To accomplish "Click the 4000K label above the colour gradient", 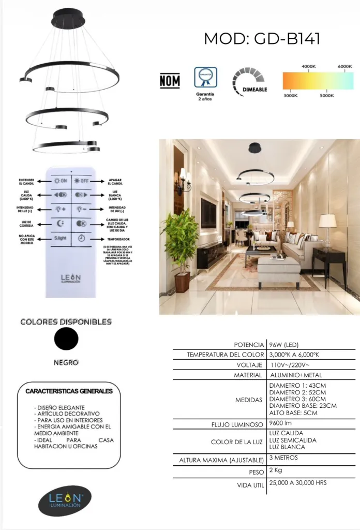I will point(309,66).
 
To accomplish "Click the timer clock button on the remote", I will point(81,239).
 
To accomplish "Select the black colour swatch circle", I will point(66,339).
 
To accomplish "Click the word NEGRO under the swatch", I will point(66,362).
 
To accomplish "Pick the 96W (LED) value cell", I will point(284,345).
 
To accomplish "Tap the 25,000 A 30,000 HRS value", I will point(298,483).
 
